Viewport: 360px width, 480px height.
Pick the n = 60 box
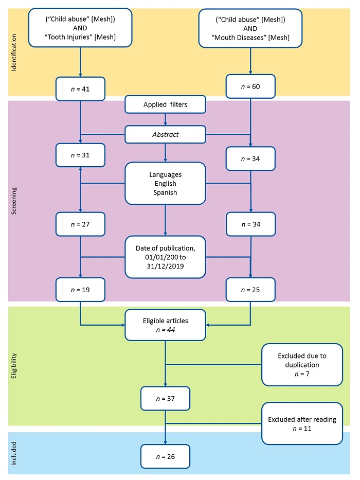pyautogui.click(x=250, y=87)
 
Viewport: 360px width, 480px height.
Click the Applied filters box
pyautogui.click(x=165, y=105)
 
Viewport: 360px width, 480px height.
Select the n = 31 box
pyautogui.click(x=81, y=154)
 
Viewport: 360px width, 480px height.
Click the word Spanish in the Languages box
pyautogui.click(x=165, y=192)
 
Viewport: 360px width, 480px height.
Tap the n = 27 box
pyautogui.click(x=81, y=224)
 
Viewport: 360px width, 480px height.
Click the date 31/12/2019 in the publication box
pyautogui.click(x=165, y=266)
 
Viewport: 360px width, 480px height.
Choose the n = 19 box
pyautogui.click(x=81, y=290)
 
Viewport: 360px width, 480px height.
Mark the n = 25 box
pyautogui.click(x=250, y=290)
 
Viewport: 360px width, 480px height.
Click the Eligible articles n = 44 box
pyautogui.click(x=165, y=325)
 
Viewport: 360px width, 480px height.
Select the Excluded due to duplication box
pyautogui.click(x=302, y=365)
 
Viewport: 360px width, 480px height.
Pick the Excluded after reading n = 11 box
pyautogui.click(x=302, y=423)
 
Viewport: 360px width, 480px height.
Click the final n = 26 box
pyautogui.click(x=165, y=455)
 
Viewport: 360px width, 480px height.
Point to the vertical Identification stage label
pyautogui.click(x=13, y=52)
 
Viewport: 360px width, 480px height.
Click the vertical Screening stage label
pyautogui.click(x=13, y=200)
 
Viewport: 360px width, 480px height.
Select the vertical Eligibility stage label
pyautogui.click(x=13, y=366)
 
